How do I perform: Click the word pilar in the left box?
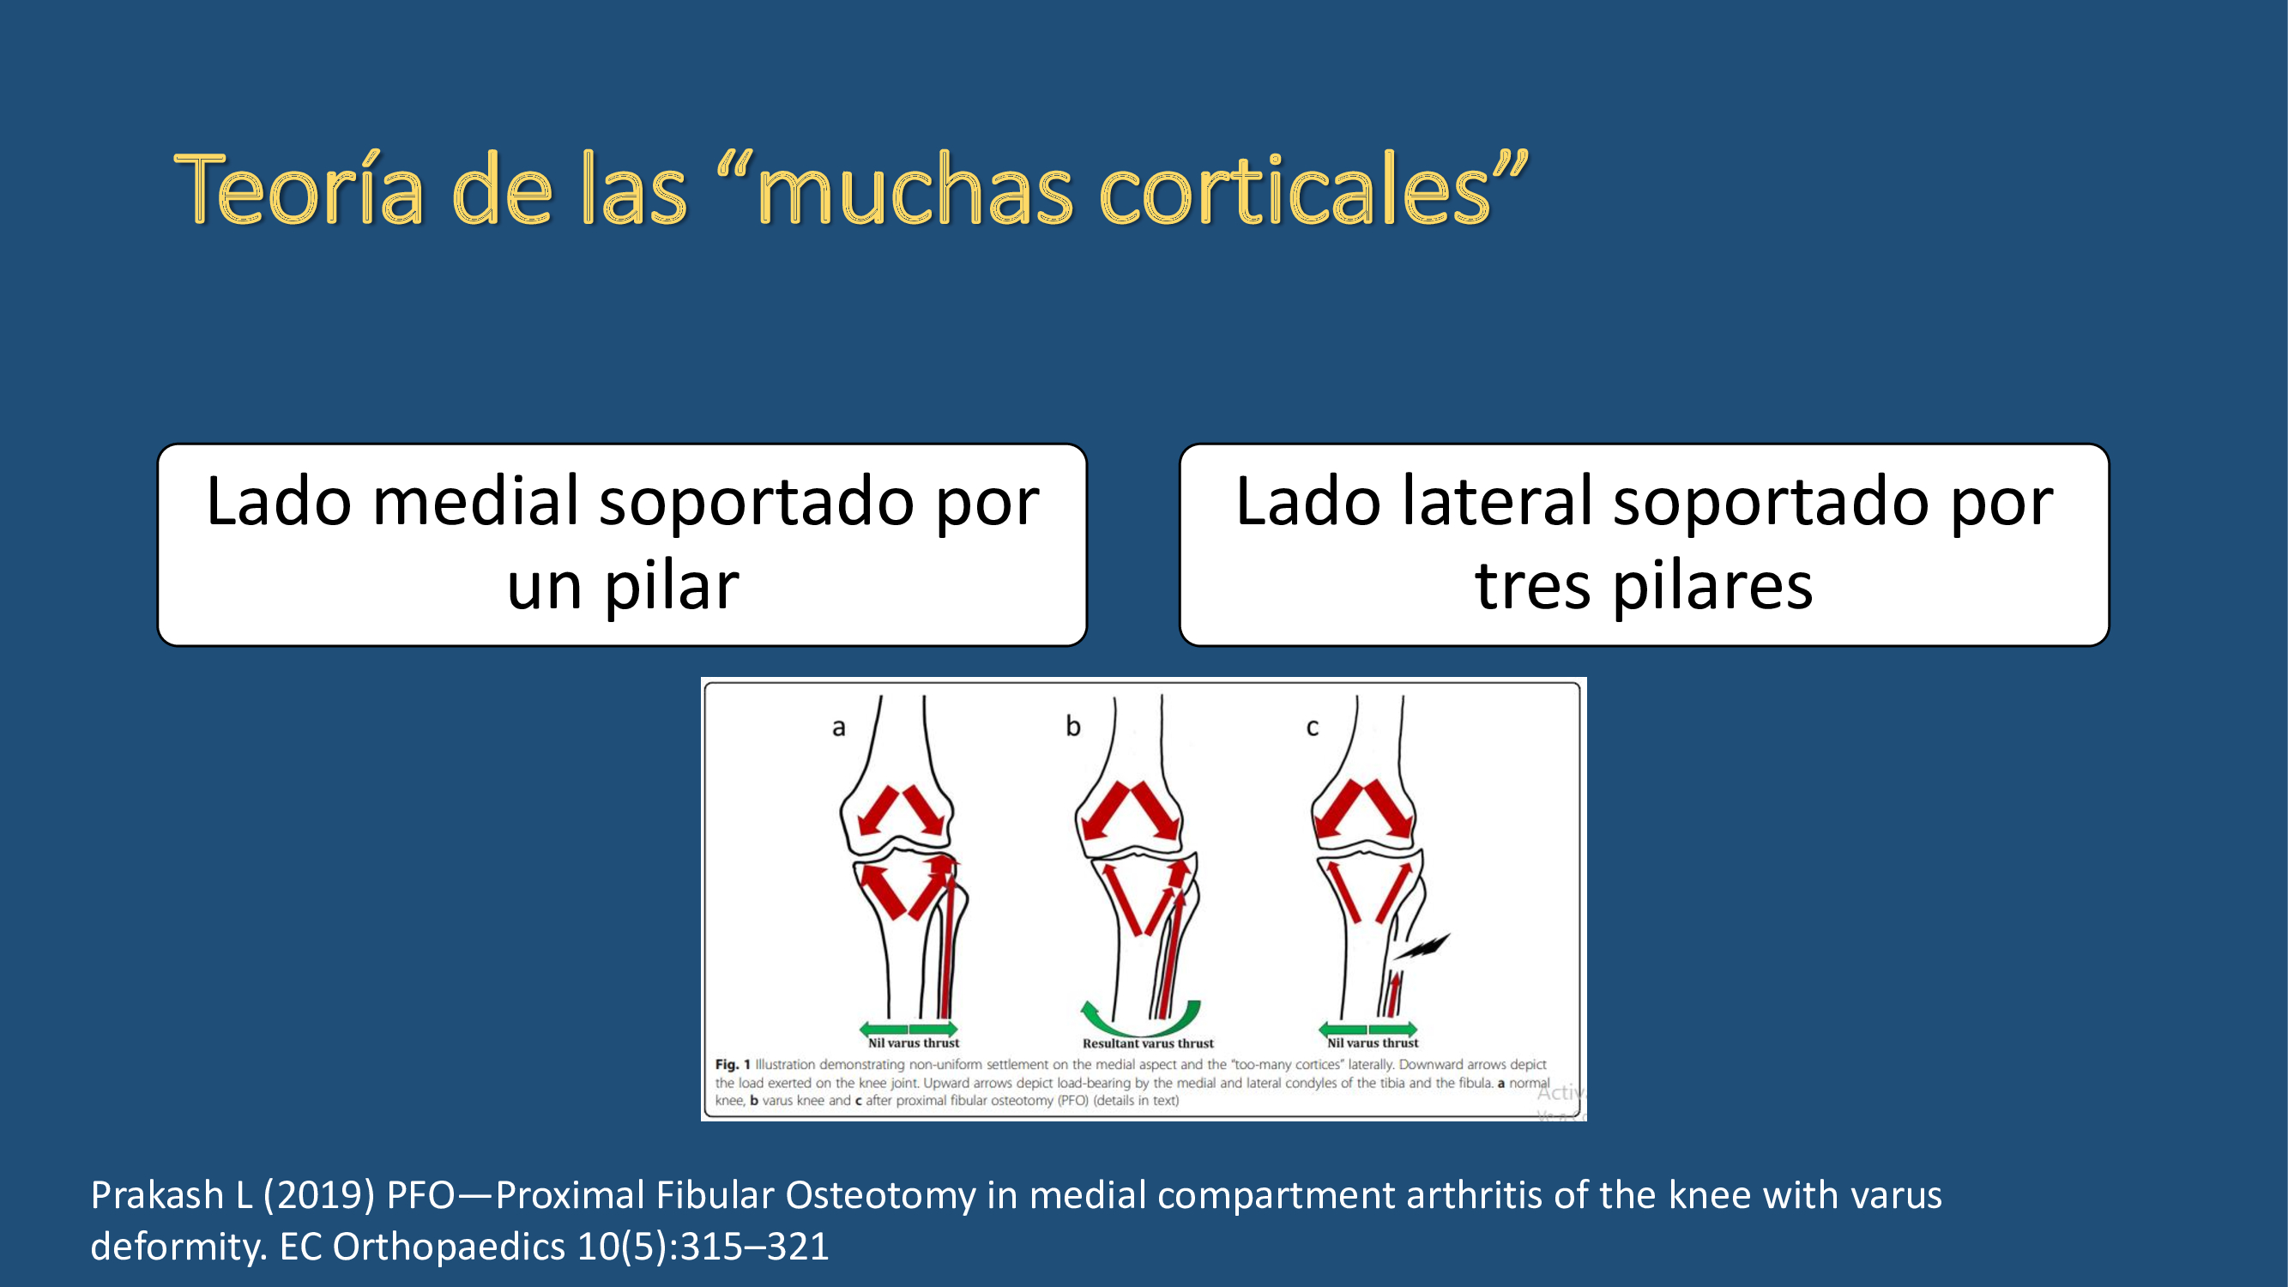click(x=672, y=586)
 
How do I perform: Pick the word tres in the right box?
click(x=1532, y=586)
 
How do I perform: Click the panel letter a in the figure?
click(x=838, y=728)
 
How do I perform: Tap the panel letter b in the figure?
click(x=1073, y=726)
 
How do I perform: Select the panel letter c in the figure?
click(x=1312, y=728)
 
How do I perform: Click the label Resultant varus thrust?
click(x=1148, y=1043)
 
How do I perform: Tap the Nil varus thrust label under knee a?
click(x=913, y=1042)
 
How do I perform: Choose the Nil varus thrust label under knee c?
click(x=1373, y=1042)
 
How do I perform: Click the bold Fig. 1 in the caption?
click(x=733, y=1064)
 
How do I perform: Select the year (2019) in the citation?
click(x=318, y=1195)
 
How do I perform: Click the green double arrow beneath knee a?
click(x=909, y=1030)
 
